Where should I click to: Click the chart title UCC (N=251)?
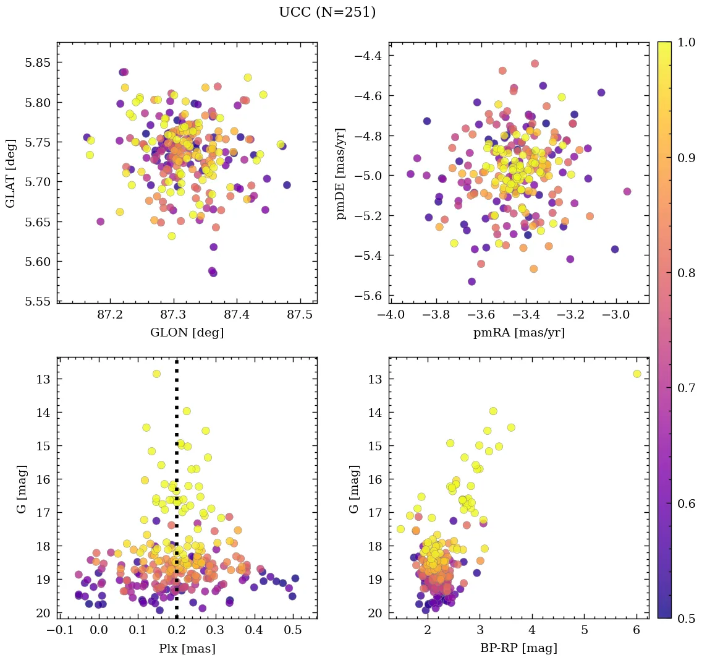coord(327,12)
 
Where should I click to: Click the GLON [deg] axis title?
coord(187,333)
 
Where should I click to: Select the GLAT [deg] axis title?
coord(11,173)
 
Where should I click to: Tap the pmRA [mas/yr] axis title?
coord(518,333)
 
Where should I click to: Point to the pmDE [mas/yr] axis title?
coord(340,173)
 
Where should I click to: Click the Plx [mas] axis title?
coord(187,648)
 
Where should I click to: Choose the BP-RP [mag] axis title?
coord(518,648)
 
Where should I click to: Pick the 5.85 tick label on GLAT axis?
coord(38,62)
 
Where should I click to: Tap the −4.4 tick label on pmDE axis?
coord(367,56)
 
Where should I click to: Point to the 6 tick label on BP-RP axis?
coord(636,631)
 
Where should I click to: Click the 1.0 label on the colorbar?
coord(686,43)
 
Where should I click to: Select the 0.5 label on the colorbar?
coord(686,619)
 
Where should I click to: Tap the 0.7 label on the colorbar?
coord(686,388)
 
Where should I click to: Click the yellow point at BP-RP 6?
coord(636,374)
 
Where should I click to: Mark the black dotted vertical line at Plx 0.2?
coord(177,495)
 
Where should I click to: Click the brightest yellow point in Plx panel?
coord(156,374)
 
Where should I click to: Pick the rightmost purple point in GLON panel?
coord(287,185)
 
